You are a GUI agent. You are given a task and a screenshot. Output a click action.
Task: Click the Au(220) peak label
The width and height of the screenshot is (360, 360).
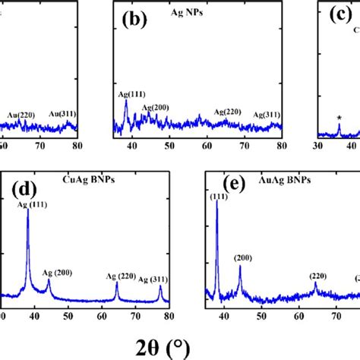[22, 115]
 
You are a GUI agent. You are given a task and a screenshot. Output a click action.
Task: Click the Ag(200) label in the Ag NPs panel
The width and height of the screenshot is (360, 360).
[154, 107]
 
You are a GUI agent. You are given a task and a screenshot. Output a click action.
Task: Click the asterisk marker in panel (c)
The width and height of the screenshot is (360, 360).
[339, 118]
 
